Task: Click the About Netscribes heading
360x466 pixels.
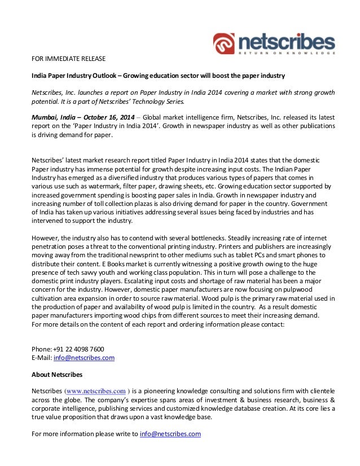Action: tap(58, 374)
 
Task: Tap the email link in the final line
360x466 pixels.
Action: tap(170, 434)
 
